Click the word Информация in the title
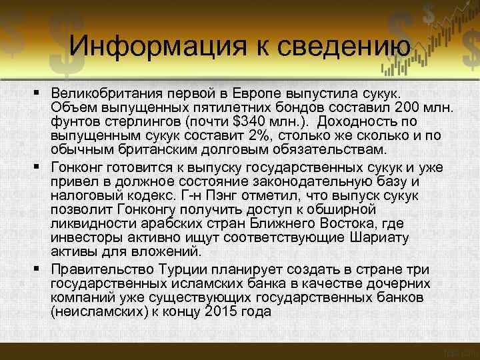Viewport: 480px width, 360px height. pos(153,45)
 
